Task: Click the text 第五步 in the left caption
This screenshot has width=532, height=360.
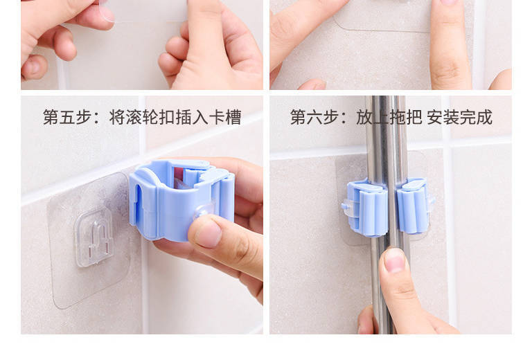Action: coord(66,117)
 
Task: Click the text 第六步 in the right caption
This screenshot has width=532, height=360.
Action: coord(314,117)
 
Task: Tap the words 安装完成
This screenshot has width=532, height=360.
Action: coord(460,117)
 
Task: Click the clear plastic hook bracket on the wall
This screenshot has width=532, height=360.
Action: coord(94,237)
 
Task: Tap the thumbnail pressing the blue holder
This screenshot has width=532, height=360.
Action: coord(208,235)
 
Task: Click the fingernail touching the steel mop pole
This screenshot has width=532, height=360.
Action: coord(395,260)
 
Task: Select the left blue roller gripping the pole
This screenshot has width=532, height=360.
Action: coord(369,208)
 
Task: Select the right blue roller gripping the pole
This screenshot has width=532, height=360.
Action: coord(413,206)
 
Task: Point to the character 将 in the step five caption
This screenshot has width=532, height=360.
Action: coord(117,117)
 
